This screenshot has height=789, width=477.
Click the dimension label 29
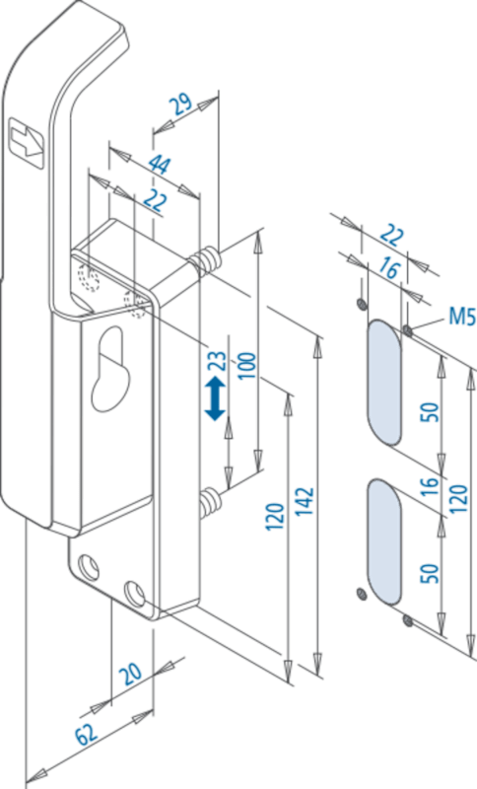[x=180, y=103]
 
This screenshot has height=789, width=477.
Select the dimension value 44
[x=160, y=165]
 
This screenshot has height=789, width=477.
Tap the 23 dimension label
[x=218, y=361]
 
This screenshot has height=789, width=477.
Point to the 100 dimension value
[x=246, y=366]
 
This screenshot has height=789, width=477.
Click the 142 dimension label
[x=306, y=501]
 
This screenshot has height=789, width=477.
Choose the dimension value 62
[x=87, y=735]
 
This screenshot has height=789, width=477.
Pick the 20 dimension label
[x=131, y=674]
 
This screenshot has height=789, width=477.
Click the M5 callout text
[x=461, y=317]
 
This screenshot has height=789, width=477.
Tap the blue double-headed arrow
[x=216, y=398]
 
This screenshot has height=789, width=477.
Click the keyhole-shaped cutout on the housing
[x=110, y=369]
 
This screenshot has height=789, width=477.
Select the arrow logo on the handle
[x=28, y=141]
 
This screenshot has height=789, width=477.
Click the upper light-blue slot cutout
[x=385, y=383]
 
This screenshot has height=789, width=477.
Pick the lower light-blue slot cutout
[x=385, y=541]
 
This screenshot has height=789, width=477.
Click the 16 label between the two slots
[x=429, y=486]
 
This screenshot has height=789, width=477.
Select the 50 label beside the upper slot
[x=429, y=411]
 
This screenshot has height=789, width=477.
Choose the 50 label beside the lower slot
[x=429, y=573]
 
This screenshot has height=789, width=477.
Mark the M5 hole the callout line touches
[x=408, y=330]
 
